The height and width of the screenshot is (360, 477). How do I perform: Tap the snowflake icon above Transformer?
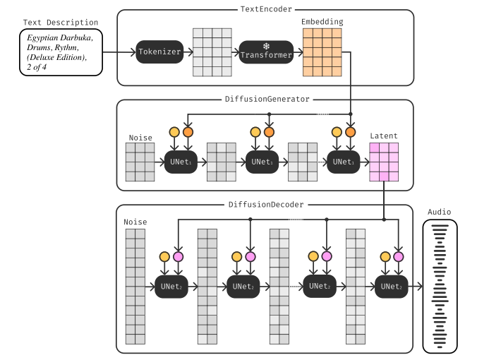(x=265, y=44)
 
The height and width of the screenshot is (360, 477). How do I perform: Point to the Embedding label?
(x=322, y=22)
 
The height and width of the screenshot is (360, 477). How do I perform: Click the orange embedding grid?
(x=322, y=52)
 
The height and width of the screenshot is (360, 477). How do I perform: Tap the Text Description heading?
(x=61, y=23)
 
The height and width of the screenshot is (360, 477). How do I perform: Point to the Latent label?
(x=384, y=136)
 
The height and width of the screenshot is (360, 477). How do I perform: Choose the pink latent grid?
(x=384, y=162)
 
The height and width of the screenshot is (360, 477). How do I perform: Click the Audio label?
(x=439, y=212)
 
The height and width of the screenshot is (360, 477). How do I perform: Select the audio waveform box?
(x=439, y=286)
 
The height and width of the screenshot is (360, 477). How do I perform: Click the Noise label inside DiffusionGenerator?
(x=140, y=138)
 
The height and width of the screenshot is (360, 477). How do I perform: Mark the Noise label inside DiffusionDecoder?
(x=135, y=222)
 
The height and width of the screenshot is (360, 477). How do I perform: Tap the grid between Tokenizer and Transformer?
(x=212, y=52)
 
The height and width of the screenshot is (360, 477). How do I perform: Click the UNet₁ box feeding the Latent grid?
(x=342, y=162)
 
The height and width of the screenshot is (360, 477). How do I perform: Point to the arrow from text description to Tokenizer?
(x=119, y=52)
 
